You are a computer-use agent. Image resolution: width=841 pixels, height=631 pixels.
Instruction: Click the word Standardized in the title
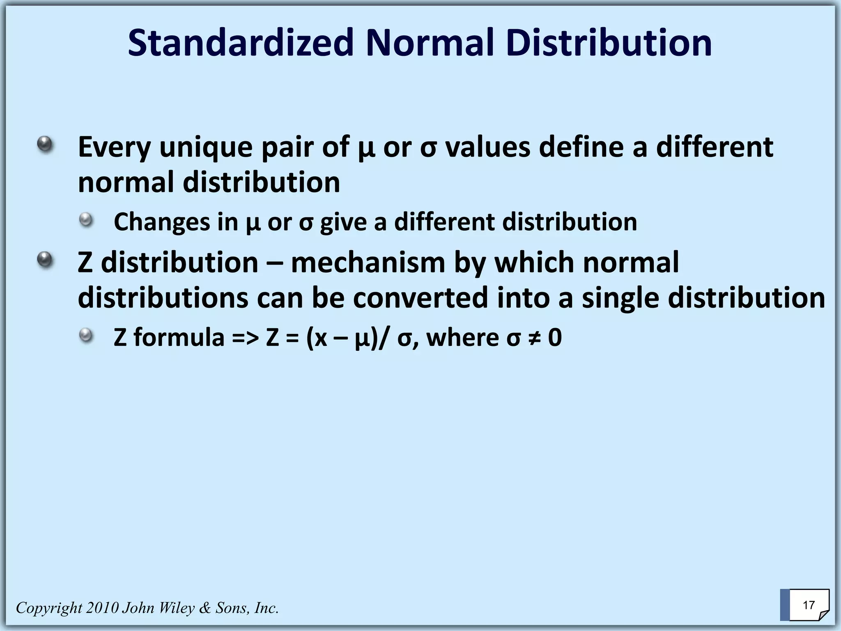pos(241,43)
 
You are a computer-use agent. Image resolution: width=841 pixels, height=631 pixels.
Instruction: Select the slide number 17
pos(809,605)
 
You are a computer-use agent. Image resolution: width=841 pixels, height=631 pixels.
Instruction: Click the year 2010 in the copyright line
pos(102,608)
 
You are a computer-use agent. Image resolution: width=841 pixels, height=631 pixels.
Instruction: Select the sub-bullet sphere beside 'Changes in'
pos(86,220)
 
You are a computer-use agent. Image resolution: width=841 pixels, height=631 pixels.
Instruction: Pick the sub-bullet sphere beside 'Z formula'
pos(86,336)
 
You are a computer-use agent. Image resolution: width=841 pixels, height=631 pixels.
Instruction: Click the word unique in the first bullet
pos(206,147)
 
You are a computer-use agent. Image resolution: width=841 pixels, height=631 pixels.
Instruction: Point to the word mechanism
pos(368,263)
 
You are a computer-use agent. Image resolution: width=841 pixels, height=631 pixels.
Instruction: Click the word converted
pos(420,298)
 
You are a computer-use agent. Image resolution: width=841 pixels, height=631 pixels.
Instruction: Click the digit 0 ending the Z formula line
pos(555,338)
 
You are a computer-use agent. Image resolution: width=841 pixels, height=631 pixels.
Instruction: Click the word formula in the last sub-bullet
pos(179,338)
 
